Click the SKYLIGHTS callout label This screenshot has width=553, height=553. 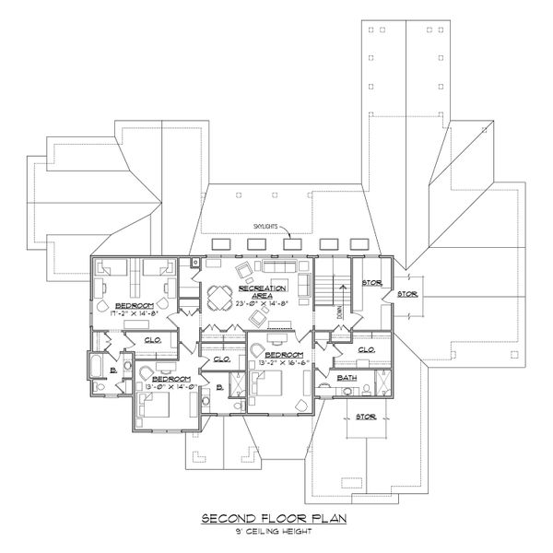[257, 224]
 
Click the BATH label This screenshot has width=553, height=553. [347, 378]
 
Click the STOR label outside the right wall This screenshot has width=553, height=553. [406, 296]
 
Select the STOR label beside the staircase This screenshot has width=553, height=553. [371, 283]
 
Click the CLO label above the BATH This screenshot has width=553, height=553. [365, 350]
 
